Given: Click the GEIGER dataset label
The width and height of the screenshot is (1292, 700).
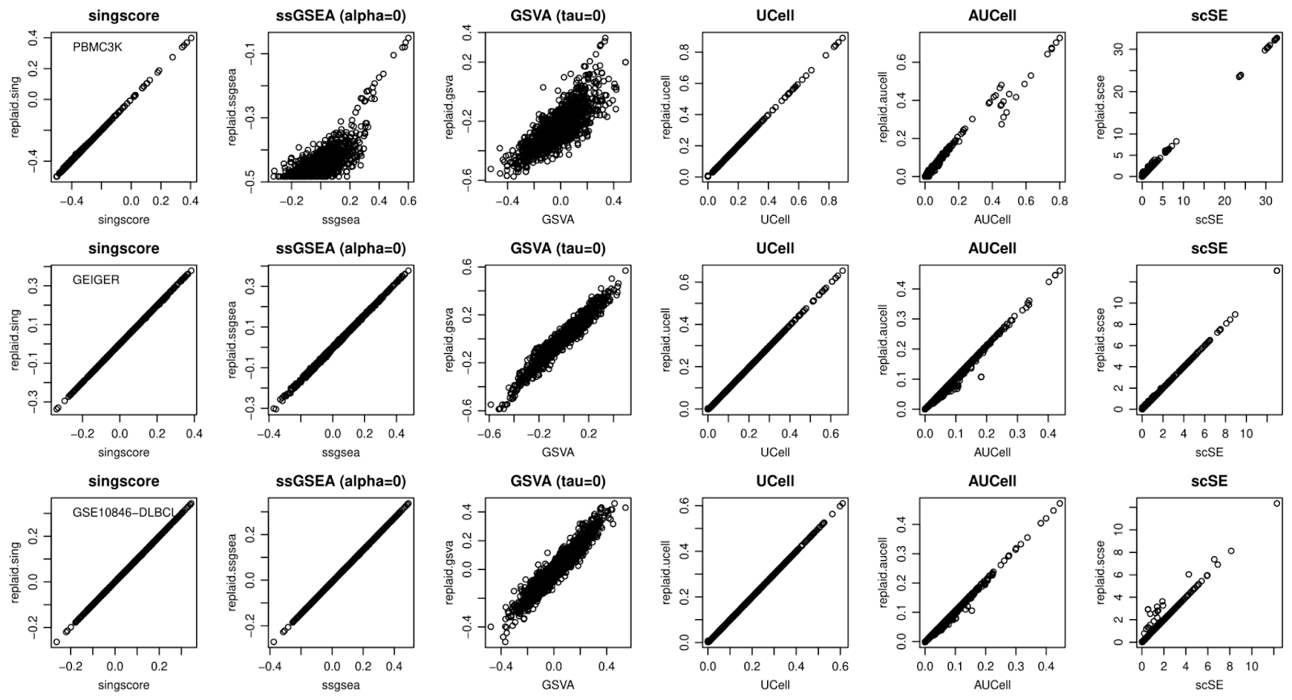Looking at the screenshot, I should pyautogui.click(x=95, y=280).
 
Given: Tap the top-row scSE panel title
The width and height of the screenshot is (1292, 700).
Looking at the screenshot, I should pyautogui.click(x=1208, y=15).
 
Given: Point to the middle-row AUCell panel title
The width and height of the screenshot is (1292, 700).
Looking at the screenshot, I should pyautogui.click(x=992, y=248).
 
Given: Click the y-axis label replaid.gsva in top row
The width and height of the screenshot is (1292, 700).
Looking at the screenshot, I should pyautogui.click(x=450, y=105).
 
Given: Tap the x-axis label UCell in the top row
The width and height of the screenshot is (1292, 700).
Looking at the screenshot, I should pyautogui.click(x=774, y=219).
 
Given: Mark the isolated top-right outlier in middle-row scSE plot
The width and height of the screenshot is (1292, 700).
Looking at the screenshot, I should pyautogui.click(x=1277, y=271).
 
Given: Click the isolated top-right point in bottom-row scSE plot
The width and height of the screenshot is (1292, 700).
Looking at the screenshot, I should pyautogui.click(x=1277, y=503).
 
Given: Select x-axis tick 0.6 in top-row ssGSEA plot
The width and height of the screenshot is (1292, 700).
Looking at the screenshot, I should pyautogui.click(x=408, y=201).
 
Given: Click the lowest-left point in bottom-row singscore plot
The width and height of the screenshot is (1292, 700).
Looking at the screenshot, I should pyautogui.click(x=57, y=642).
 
